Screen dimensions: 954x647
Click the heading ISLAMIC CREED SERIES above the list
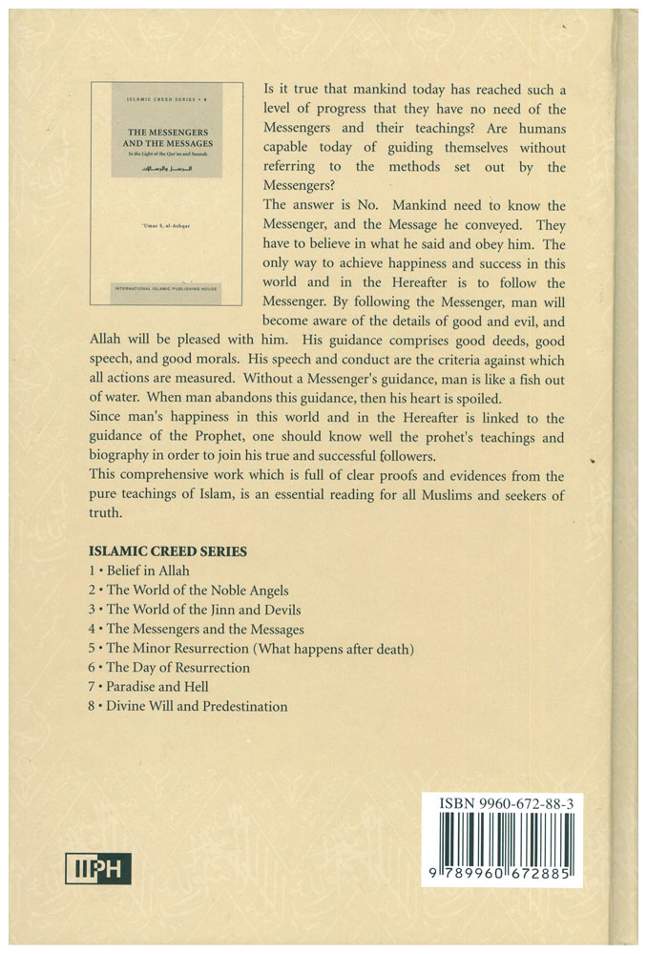click(x=167, y=550)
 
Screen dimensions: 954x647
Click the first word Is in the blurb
click(x=270, y=90)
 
